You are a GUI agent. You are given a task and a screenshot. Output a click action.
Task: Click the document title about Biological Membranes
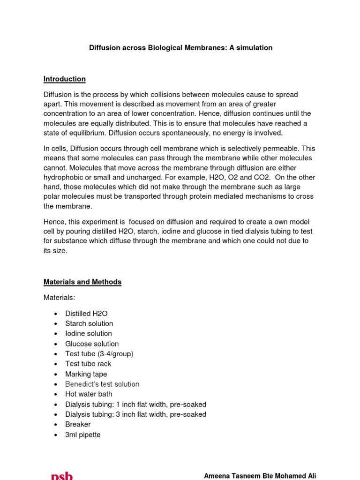(180, 48)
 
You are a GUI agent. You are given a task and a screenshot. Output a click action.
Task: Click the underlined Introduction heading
(64, 79)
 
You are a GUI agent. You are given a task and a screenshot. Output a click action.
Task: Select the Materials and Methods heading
(82, 282)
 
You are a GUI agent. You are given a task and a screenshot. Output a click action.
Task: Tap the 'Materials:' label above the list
(59, 298)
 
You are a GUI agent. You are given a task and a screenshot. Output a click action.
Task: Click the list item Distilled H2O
(89, 313)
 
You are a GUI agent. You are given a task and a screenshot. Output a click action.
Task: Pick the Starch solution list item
(89, 323)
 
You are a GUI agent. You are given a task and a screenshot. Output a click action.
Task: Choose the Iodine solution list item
(89, 333)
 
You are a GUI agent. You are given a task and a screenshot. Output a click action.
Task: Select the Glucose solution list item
(92, 344)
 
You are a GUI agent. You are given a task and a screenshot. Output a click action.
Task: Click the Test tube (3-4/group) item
(99, 354)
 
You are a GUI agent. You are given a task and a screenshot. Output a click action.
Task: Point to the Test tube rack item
(88, 364)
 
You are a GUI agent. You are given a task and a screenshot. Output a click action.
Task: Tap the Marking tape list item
(86, 374)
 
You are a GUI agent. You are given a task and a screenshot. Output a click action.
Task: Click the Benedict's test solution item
(102, 384)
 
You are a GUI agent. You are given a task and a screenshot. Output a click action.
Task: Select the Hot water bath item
(89, 394)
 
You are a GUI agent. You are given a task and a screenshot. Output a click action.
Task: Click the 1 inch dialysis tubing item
(135, 404)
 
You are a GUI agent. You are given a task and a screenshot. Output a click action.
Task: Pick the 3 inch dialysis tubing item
(135, 414)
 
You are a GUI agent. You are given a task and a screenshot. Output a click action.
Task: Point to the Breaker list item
(78, 424)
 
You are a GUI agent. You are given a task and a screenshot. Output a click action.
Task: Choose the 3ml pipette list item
(83, 435)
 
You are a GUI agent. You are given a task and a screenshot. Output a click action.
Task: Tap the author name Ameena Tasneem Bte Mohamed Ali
(260, 476)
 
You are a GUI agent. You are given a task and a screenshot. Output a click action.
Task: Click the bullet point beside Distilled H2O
(56, 314)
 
